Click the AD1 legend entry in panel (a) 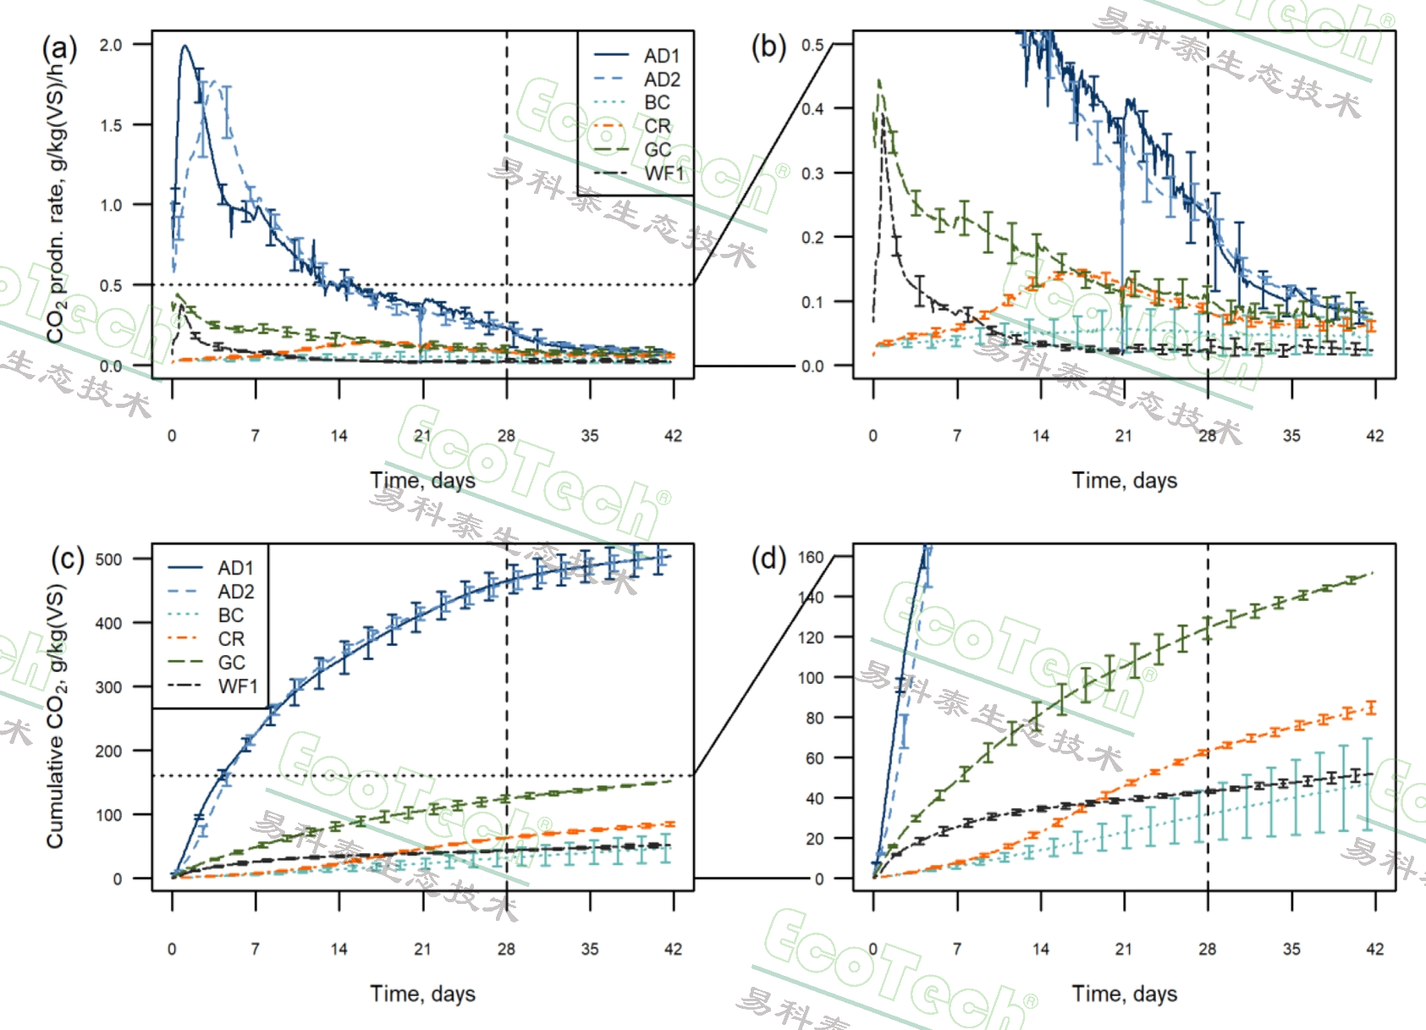tap(661, 56)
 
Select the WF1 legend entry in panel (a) tap(663, 174)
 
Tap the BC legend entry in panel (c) tap(230, 615)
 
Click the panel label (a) tap(59, 48)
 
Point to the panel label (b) tap(768, 47)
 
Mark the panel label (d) tap(768, 559)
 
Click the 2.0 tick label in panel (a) tap(111, 45)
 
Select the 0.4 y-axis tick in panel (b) tap(812, 109)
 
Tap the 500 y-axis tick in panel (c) tap(108, 559)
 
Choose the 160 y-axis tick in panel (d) tap(811, 557)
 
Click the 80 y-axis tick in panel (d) tap(814, 718)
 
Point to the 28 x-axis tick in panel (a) tap(506, 436)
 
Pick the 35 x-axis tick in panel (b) tap(1291, 436)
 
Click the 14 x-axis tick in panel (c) tap(339, 949)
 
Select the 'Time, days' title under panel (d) tap(1124, 994)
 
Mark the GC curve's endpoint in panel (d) tap(1372, 573)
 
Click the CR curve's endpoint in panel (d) tap(1372, 708)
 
